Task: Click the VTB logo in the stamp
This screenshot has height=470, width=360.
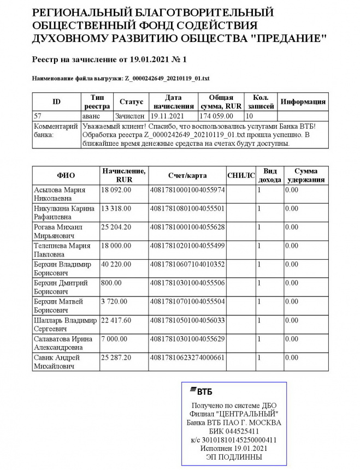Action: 201,391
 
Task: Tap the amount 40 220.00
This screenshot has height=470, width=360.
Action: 116,264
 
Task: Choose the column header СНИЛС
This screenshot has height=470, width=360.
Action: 241,175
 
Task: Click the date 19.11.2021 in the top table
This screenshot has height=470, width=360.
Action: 166,116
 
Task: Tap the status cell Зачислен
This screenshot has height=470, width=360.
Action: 129,116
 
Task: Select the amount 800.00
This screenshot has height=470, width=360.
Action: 111,283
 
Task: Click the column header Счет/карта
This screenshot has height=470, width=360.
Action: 187,175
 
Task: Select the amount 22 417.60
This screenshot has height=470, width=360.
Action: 116,320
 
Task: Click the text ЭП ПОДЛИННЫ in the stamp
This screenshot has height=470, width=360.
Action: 234,457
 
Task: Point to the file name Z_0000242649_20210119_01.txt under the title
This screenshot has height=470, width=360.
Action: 167,79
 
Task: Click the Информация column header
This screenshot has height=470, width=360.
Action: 303,102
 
